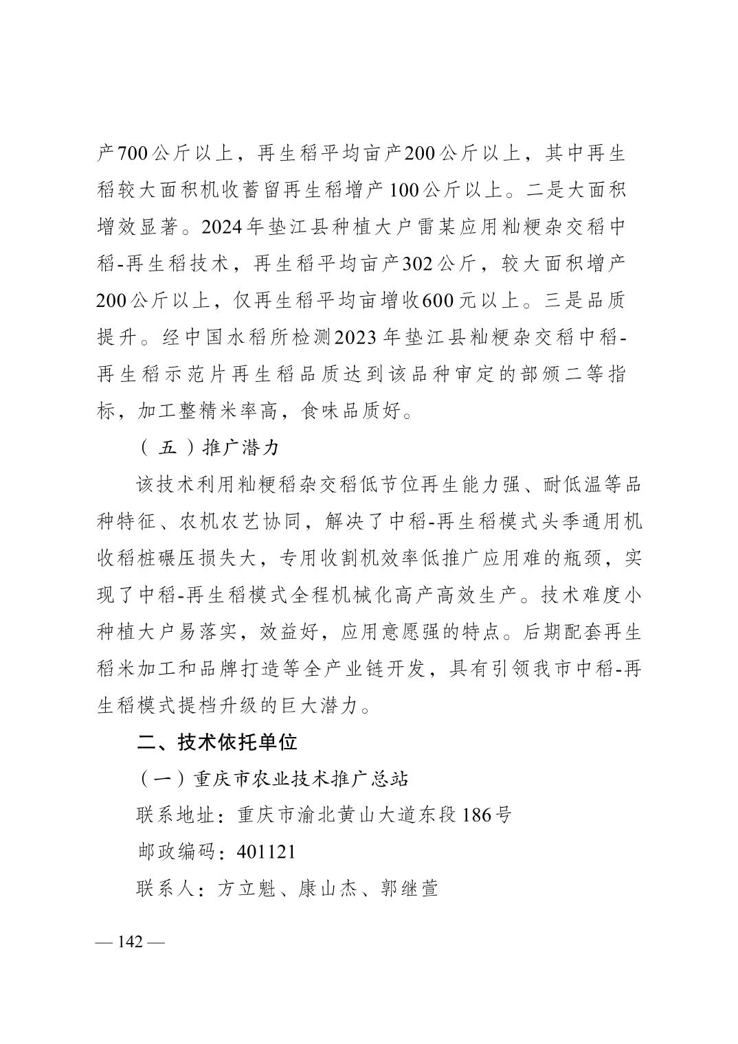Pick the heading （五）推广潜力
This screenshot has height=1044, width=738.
209,448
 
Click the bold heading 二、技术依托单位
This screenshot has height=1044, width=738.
217,742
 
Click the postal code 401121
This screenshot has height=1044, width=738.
267,852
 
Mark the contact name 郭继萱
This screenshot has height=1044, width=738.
410,889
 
